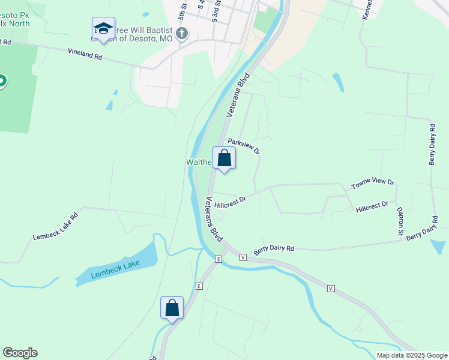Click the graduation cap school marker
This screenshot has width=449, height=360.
(103, 29)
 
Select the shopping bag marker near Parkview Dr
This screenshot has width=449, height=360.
(224, 159)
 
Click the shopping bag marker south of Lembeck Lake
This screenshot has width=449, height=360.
(172, 308)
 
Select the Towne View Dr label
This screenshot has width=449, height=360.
(373, 183)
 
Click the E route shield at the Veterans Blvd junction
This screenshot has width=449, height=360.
(218, 259)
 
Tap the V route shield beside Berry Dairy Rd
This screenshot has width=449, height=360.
(243, 257)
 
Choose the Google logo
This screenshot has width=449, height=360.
(20, 353)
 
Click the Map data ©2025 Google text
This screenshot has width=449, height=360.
(412, 355)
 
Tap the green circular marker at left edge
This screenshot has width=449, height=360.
(2, 81)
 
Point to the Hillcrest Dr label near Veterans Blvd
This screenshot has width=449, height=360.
(231, 202)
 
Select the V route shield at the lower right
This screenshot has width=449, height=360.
(331, 289)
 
